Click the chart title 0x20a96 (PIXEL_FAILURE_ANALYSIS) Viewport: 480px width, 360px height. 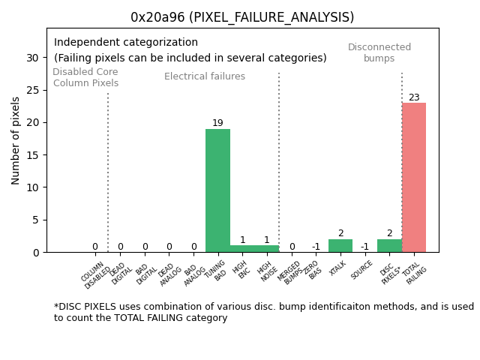[x=242, y=17]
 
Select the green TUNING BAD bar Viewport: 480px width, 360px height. [x=217, y=190]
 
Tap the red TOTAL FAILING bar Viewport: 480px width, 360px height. [x=413, y=177]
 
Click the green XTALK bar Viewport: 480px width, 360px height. [x=340, y=245]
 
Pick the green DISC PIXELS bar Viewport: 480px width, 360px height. [x=388, y=245]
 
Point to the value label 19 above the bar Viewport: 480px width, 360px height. [x=217, y=123]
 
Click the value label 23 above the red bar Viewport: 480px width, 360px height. [x=414, y=97]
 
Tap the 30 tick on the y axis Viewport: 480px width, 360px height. [x=33, y=58]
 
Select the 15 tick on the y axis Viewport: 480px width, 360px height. [x=33, y=155]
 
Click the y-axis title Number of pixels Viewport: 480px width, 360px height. [x=16, y=140]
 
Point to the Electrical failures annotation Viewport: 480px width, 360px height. [x=205, y=76]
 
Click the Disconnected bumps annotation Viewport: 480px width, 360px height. [x=379, y=52]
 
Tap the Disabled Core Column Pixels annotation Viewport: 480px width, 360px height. [x=85, y=77]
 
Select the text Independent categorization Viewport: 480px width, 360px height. [x=126, y=43]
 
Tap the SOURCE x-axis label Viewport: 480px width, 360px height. [x=362, y=269]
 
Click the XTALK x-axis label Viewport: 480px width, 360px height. [x=339, y=268]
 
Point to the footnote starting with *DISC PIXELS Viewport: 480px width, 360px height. [x=263, y=312]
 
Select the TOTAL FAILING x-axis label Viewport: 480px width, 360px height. [x=415, y=273]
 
